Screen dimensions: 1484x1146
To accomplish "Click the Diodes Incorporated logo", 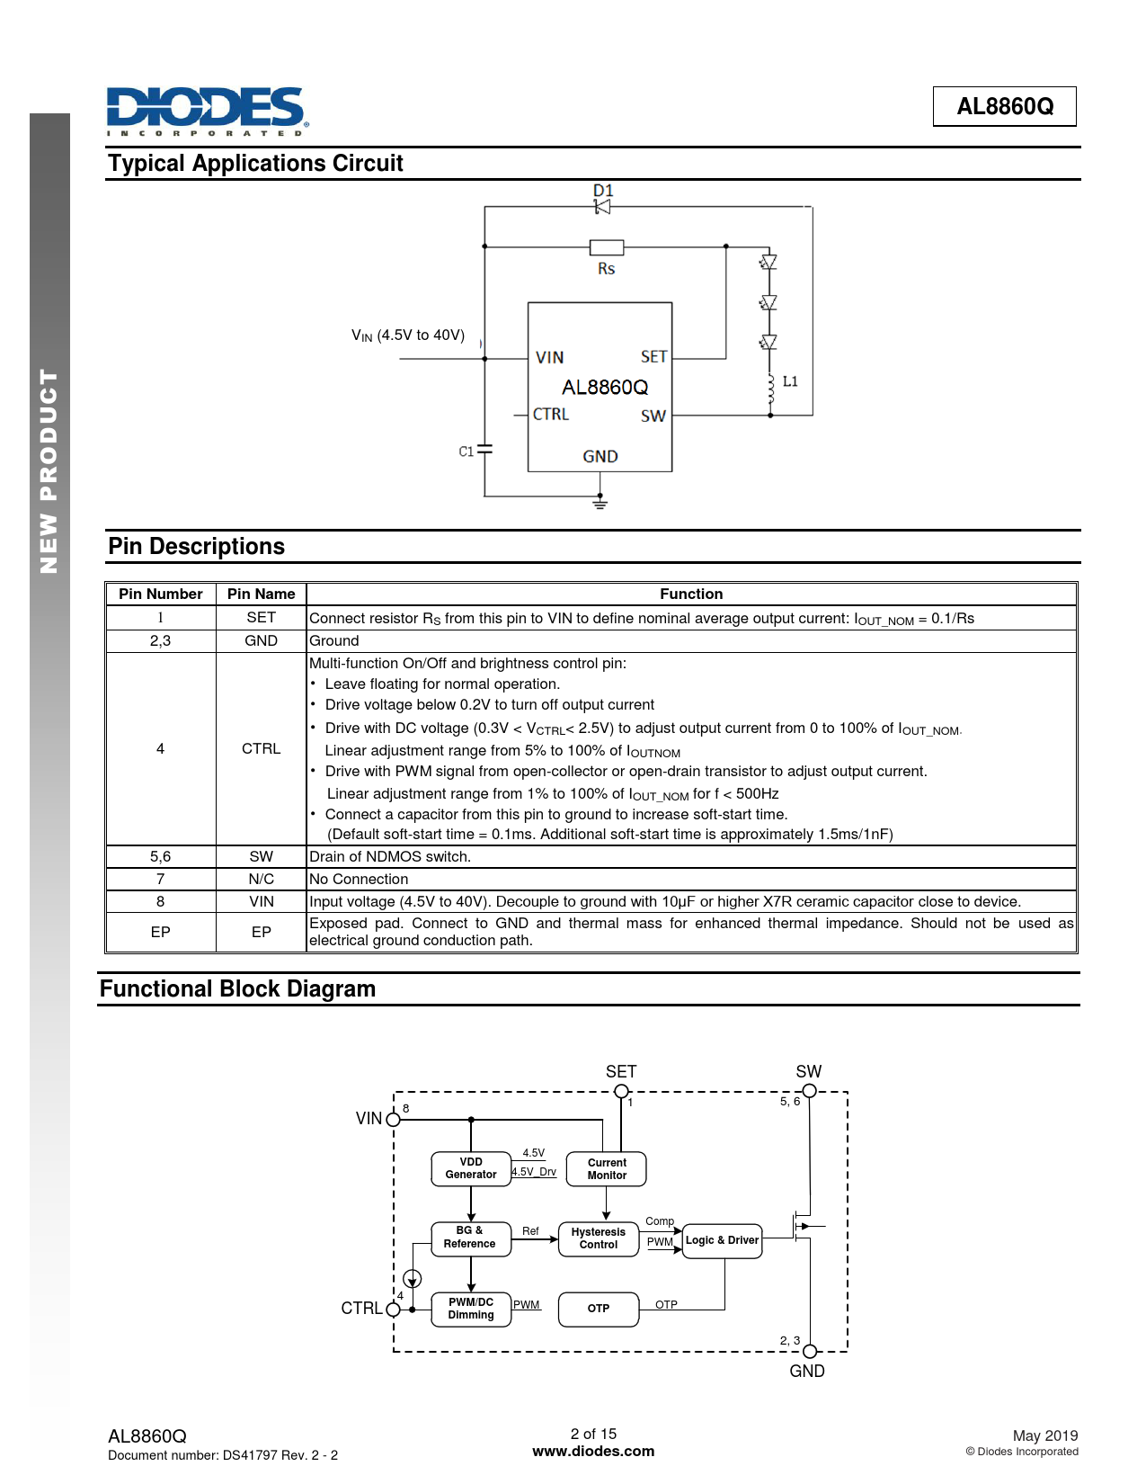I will click(207, 111).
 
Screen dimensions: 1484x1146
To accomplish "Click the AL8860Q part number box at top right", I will click(1004, 106).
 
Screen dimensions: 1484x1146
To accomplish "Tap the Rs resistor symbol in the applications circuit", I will click(607, 247).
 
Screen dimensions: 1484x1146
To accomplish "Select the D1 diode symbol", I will click(602, 207).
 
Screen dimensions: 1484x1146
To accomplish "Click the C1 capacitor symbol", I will click(484, 449).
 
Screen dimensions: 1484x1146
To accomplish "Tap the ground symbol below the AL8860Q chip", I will click(600, 503).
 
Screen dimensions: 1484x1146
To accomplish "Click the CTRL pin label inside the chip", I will click(551, 415).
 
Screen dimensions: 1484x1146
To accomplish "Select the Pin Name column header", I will click(261, 594).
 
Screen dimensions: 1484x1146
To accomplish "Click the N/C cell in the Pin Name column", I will click(261, 879).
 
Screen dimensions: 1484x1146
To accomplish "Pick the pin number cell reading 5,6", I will click(160, 856).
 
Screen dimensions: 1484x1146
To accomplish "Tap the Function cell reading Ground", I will click(334, 640).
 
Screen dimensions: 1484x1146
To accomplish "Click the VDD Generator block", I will click(471, 1168).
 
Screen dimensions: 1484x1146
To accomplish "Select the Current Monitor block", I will click(607, 1168).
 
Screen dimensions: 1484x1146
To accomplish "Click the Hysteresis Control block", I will click(598, 1238).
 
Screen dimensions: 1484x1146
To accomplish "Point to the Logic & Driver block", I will click(722, 1240).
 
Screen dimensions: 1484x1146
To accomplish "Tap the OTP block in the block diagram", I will click(599, 1309).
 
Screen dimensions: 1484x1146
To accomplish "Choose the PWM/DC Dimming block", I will click(471, 1309).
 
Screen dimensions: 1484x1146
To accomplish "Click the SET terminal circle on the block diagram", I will click(621, 1091).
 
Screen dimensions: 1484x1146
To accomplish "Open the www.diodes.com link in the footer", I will click(593, 1451).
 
